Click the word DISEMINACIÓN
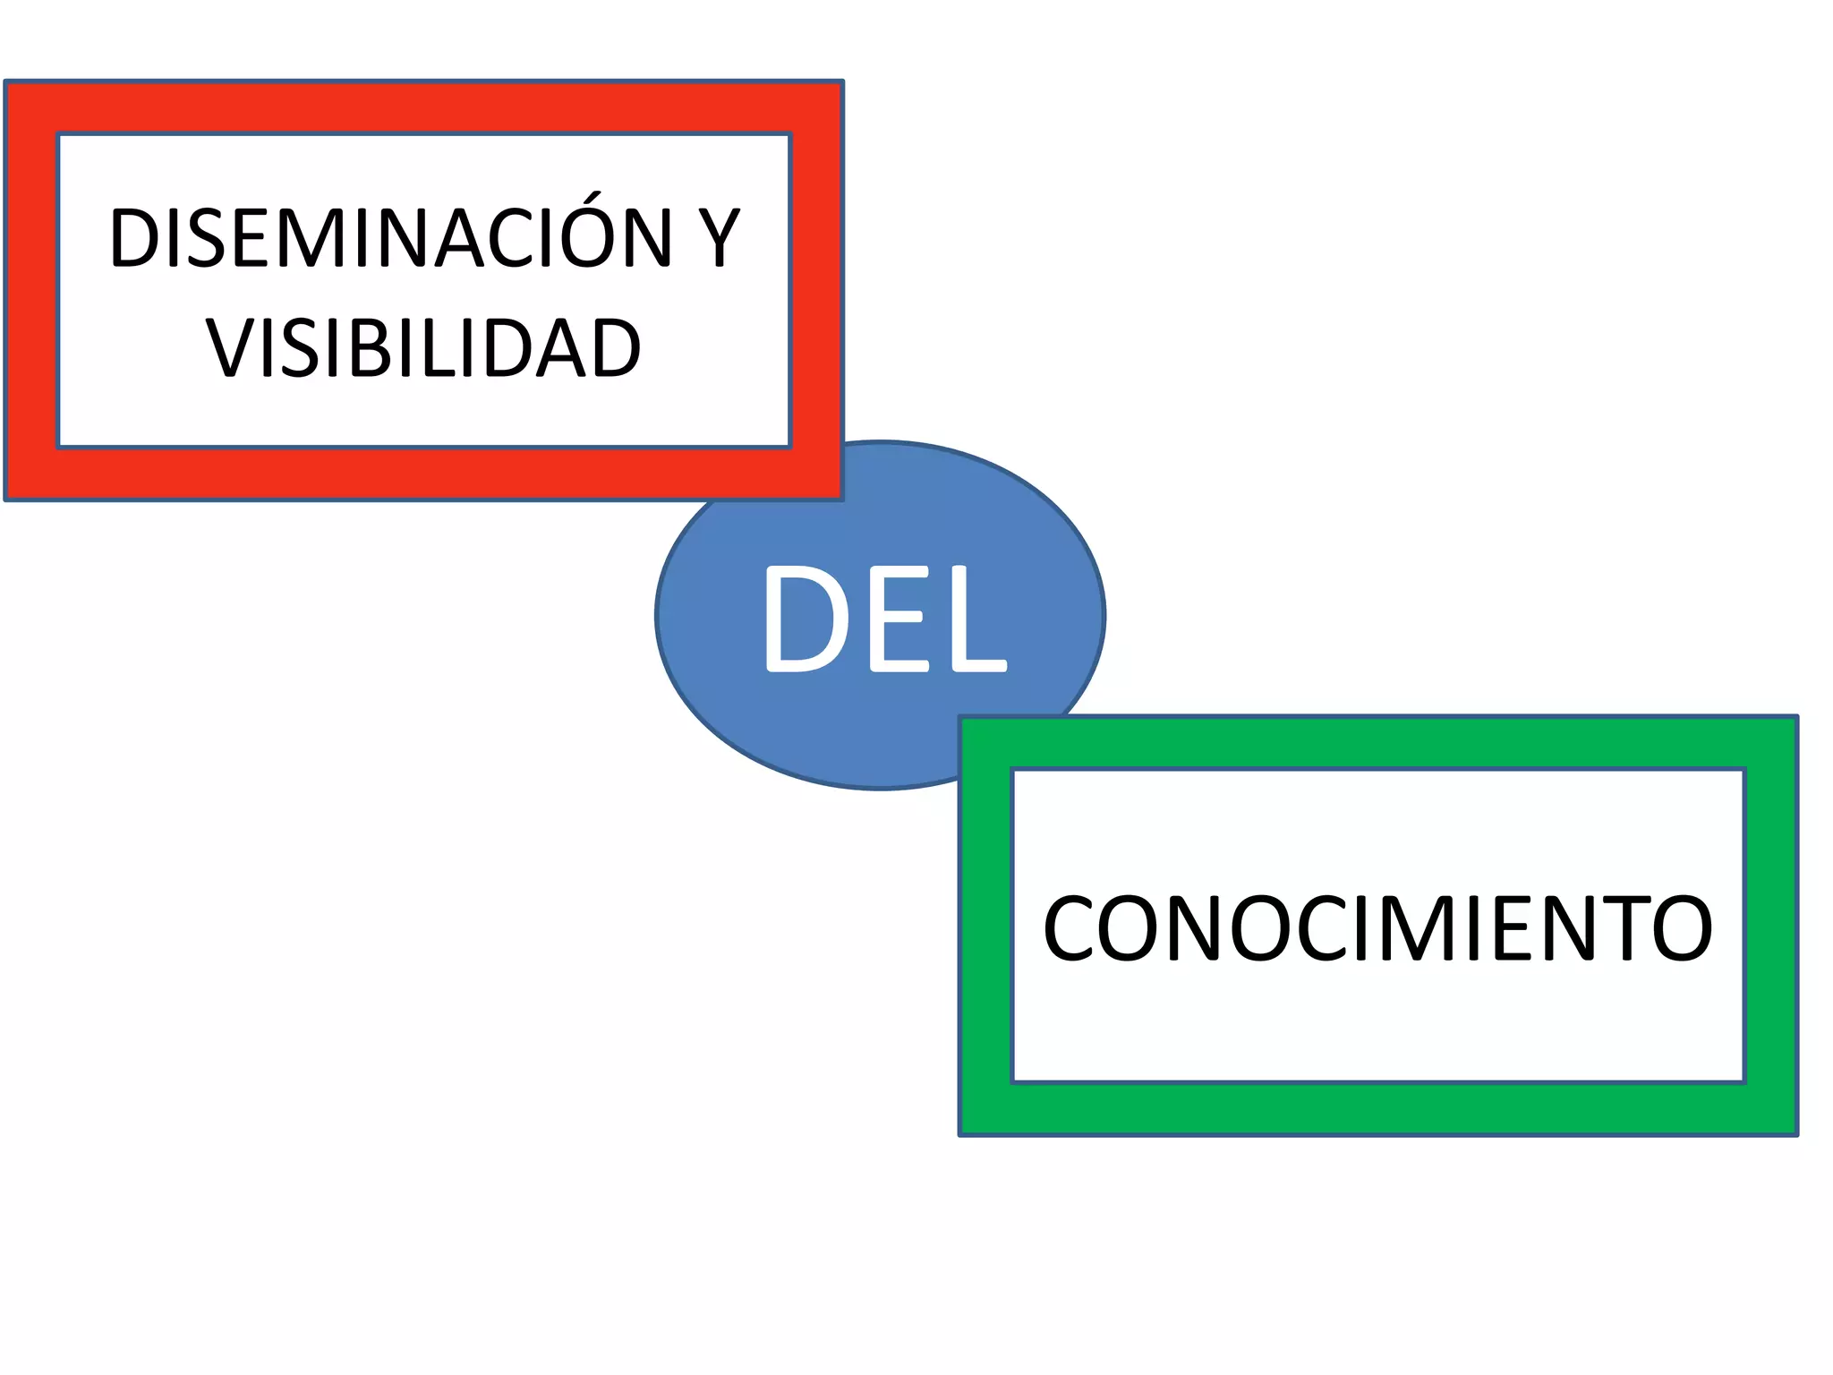[x=390, y=237]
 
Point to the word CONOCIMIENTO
[x=1378, y=929]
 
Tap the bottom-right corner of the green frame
[x=1795, y=1133]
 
